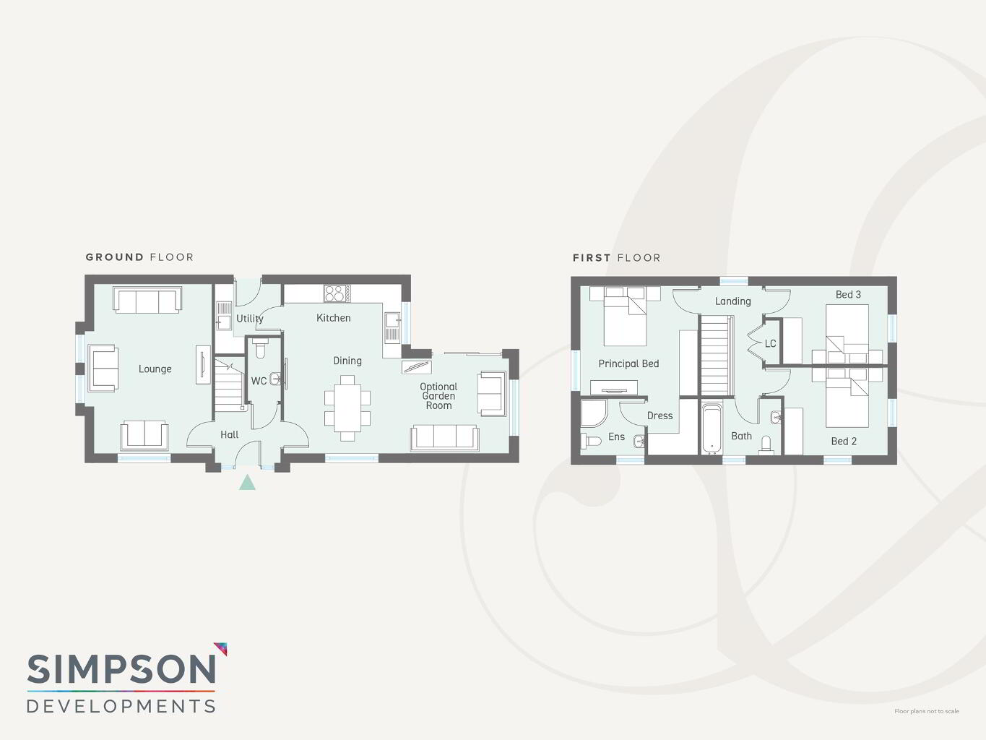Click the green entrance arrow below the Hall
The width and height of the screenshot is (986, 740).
click(247, 483)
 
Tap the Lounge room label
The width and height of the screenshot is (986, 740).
click(155, 369)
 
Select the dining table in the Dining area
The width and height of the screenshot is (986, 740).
click(347, 408)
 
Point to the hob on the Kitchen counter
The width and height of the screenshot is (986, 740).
click(337, 293)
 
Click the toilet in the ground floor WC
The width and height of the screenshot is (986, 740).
click(260, 348)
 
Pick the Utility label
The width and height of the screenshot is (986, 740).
click(250, 319)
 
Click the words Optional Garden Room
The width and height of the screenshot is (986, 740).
click(438, 396)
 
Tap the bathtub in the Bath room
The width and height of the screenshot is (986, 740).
click(712, 429)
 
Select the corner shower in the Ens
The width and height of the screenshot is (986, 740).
click(594, 413)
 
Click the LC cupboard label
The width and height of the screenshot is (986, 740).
click(771, 344)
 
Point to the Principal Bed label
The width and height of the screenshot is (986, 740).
click(628, 363)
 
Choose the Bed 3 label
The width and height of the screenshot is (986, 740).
click(848, 295)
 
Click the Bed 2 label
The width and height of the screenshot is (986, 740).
click(844, 442)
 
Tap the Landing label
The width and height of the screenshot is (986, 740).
click(732, 301)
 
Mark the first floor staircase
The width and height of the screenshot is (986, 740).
click(714, 356)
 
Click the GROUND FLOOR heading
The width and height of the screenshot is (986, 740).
click(139, 257)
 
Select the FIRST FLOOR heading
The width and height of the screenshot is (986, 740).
click(617, 258)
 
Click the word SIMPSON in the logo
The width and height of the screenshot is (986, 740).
click(121, 669)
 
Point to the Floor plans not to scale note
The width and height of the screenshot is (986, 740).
click(927, 711)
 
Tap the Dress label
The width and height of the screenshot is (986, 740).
click(660, 416)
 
